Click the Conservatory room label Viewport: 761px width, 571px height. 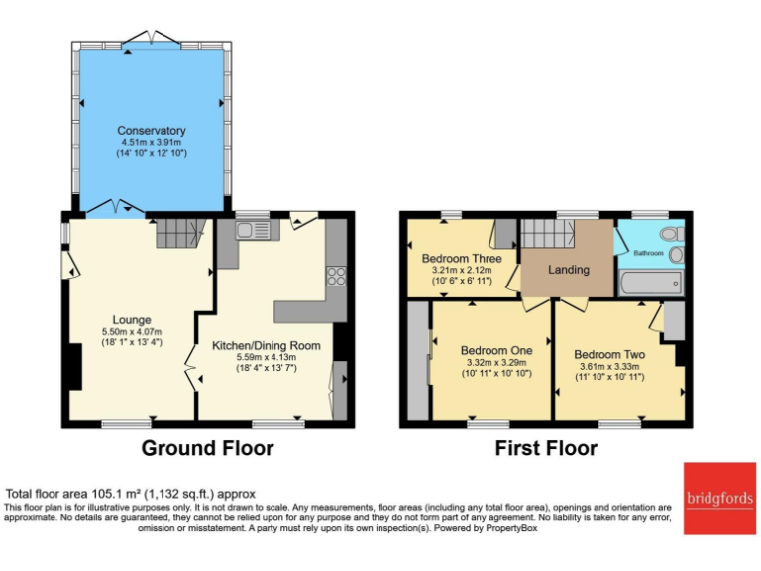click(151, 131)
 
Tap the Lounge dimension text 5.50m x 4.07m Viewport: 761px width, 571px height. click(132, 331)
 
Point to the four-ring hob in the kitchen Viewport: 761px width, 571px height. click(335, 276)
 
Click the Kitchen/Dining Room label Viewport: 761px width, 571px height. click(267, 345)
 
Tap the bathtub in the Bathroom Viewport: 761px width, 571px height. click(650, 285)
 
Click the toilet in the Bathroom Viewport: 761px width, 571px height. click(672, 235)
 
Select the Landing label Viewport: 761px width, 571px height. click(569, 269)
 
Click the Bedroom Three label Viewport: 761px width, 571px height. click(461, 259)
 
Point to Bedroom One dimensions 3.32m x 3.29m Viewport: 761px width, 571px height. click(496, 363)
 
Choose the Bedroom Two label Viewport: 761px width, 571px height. click(609, 354)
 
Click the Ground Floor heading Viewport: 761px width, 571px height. click(207, 448)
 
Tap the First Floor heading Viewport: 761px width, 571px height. click(546, 448)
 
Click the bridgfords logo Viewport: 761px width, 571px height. click(719, 498)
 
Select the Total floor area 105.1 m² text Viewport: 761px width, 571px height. click(131, 494)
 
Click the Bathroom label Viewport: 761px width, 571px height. click(650, 253)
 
